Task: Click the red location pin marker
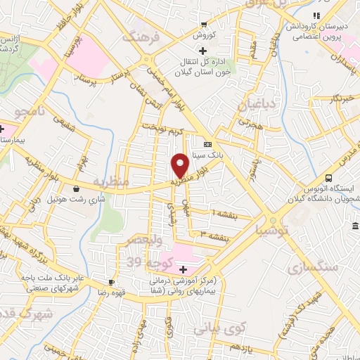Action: coord(180,164)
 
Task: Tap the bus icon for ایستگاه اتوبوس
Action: coord(329,178)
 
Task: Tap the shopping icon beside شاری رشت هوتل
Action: coord(76,188)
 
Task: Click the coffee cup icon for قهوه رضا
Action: coord(112,281)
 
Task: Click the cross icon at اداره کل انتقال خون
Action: coord(202,51)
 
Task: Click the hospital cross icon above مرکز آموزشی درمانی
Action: coord(183,270)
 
